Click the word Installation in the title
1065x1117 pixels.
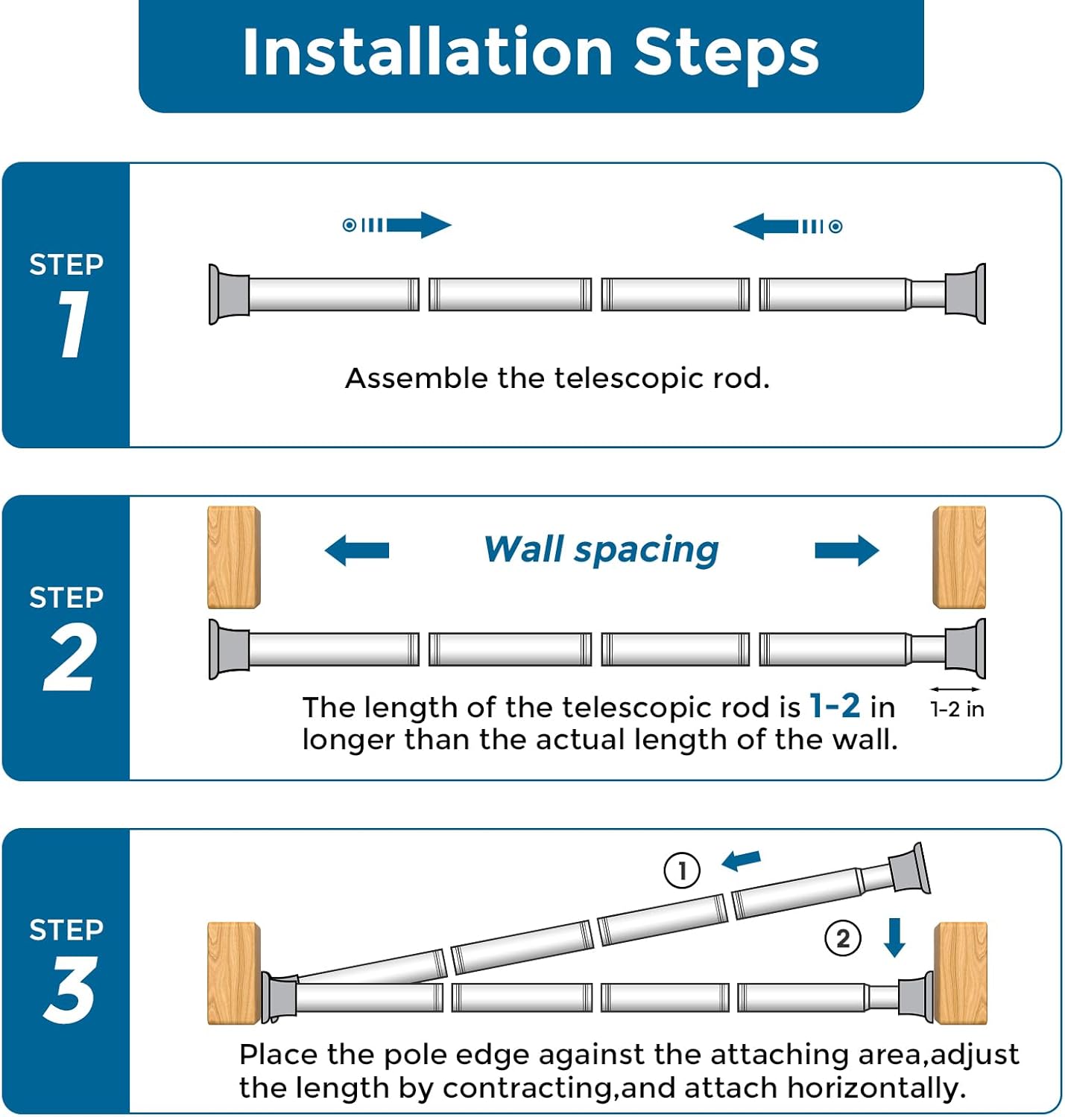point(428,52)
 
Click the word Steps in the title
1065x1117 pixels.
point(726,55)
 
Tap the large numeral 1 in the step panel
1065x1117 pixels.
point(73,324)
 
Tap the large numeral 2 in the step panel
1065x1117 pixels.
point(69,656)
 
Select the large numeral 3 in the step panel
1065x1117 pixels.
point(69,989)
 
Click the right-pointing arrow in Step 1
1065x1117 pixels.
point(397,225)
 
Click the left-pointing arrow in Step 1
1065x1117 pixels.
point(788,226)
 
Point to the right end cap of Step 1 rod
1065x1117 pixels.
point(965,293)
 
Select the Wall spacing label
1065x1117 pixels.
point(601,550)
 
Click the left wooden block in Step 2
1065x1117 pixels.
point(234,557)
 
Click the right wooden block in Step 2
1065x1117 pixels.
point(959,557)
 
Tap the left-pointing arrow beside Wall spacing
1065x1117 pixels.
point(357,550)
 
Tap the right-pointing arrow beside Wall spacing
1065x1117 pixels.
point(847,550)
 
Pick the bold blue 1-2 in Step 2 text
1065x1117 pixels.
point(835,706)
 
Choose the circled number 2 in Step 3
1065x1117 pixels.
point(843,938)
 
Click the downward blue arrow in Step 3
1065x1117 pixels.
point(894,938)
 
